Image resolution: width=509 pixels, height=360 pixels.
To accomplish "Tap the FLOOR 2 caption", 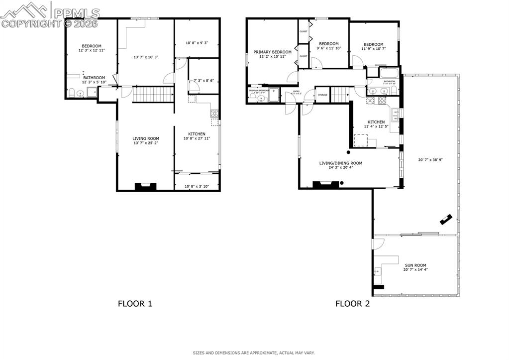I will tap(352, 303).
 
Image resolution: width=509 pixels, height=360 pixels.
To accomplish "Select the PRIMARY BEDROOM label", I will tap(272, 52).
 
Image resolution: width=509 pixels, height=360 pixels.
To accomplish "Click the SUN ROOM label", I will tap(415, 265).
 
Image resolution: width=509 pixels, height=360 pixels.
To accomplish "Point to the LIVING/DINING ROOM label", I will tap(340, 163).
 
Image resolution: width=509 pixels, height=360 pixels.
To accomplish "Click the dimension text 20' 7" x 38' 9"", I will tap(430, 160).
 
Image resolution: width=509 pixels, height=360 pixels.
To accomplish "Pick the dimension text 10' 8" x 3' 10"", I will tap(196, 186).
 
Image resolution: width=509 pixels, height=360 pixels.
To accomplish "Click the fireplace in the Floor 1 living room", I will tap(146, 187).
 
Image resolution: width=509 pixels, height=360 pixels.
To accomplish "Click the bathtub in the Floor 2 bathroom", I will tap(389, 74).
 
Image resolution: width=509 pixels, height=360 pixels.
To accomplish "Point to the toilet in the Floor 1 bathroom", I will tap(72, 93).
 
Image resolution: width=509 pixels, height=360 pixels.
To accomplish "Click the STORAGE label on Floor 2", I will tap(322, 95).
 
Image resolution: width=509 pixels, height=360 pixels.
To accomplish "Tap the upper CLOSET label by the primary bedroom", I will tap(303, 31).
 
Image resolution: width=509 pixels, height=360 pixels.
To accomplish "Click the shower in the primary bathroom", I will tap(274, 94).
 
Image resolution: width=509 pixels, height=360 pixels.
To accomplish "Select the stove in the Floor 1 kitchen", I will tap(214, 113).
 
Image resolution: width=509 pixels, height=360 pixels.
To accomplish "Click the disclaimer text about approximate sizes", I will tap(254, 353).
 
